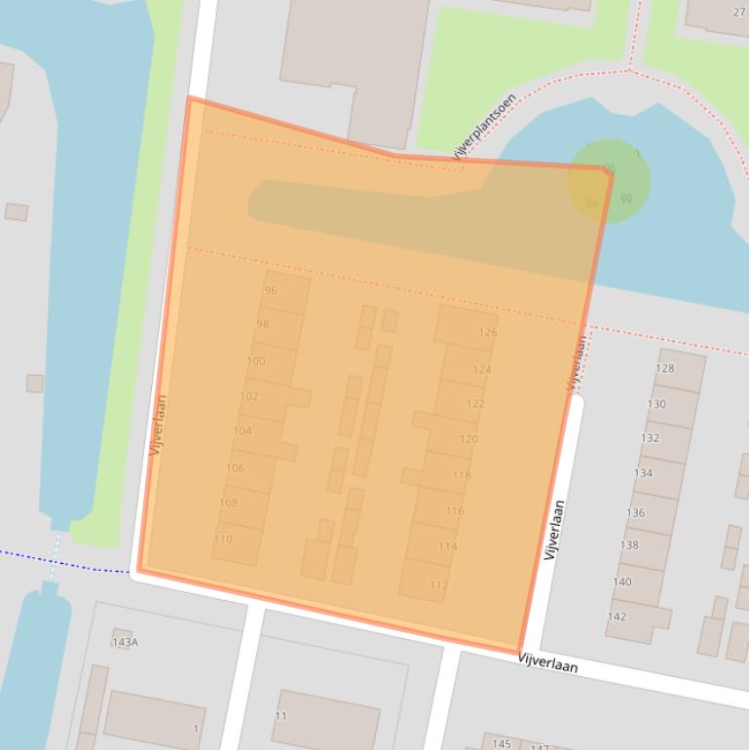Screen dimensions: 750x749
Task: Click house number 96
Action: pos(271,290)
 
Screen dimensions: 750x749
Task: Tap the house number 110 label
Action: pos(223,539)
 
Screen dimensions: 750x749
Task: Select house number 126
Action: pos(488,332)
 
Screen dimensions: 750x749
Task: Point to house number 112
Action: pos(438,585)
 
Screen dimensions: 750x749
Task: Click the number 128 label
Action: pos(664,368)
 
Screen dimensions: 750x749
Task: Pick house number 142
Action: pos(618,617)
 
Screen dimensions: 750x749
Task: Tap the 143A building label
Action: pos(126,642)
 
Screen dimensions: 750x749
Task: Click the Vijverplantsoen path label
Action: pos(483,126)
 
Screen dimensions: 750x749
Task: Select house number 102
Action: pos(249,396)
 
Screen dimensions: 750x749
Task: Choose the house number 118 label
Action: pos(462,475)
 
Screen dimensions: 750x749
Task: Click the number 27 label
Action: pos(739,13)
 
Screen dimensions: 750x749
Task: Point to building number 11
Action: pos(281,716)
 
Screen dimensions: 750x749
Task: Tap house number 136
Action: pos(636,512)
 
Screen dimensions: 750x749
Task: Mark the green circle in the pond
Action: pos(609,181)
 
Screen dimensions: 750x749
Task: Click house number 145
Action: pos(502,744)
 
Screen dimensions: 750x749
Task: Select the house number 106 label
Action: pos(236,468)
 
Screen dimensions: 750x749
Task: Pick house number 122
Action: pos(475,403)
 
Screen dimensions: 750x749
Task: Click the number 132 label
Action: pos(650,438)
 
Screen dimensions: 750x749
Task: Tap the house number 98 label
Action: pos(263,324)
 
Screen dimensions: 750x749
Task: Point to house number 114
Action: pos(448,546)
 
